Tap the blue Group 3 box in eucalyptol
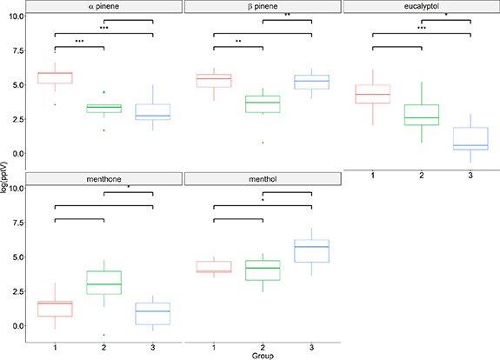click(x=470, y=139)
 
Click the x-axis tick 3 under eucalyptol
click(x=470, y=176)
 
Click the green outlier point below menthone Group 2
click(x=104, y=335)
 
